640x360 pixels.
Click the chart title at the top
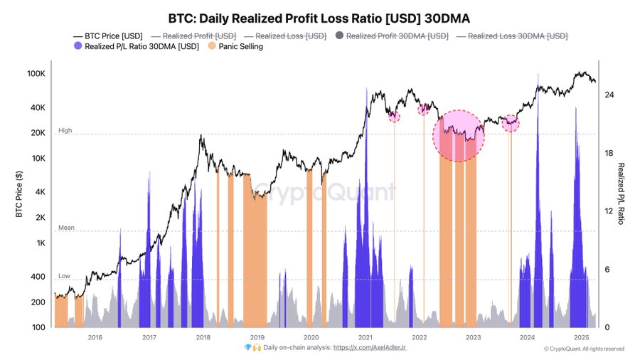click(319, 18)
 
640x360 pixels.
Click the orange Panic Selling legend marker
click(211, 47)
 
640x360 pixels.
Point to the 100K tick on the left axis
click(36, 74)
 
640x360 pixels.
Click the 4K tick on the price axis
click(40, 192)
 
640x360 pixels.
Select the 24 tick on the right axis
click(609, 95)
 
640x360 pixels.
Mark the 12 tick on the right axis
click(609, 211)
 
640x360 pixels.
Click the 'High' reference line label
click(65, 131)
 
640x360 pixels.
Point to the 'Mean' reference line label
click(65, 228)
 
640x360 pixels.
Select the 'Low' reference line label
click(64, 276)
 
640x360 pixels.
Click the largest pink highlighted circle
click(459, 135)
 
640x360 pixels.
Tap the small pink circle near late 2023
click(511, 123)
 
